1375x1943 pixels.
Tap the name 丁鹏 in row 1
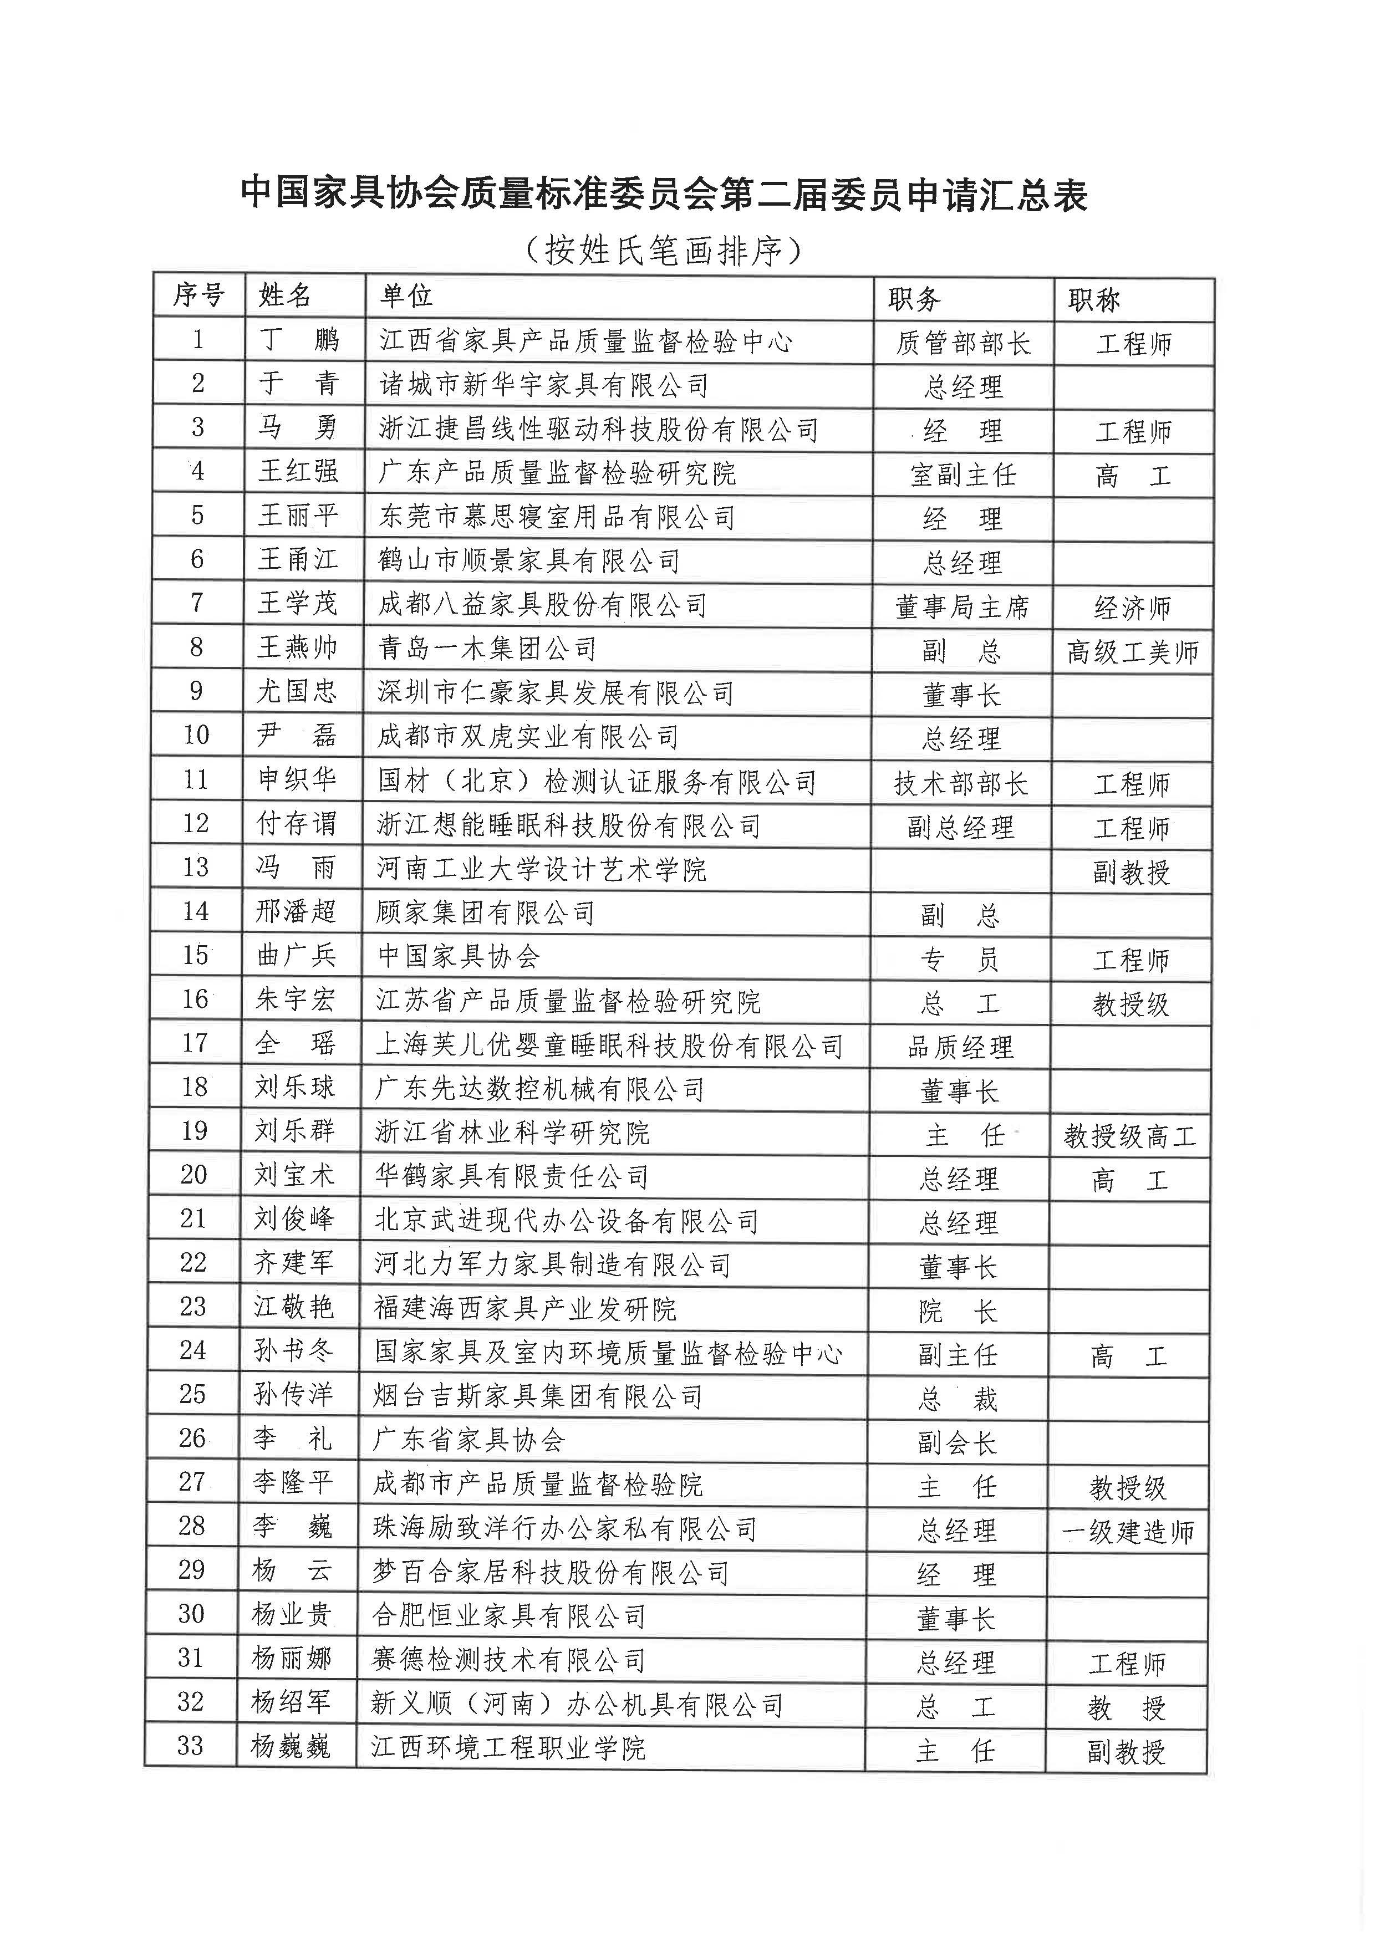pos(298,340)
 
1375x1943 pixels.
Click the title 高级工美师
pos(1132,652)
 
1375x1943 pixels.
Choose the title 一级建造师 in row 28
pos(1128,1532)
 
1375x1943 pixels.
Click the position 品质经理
pos(960,1047)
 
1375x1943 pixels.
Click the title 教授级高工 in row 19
pos(1129,1136)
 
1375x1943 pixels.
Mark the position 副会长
pos(957,1442)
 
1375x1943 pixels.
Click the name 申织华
pos(296,779)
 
